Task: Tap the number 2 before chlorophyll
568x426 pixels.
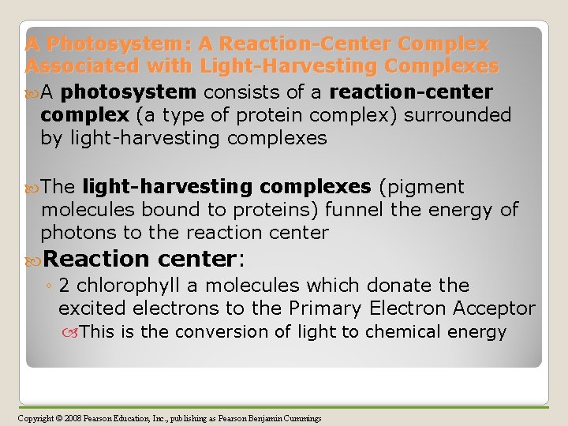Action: (64, 285)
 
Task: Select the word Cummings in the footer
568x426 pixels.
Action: (304, 417)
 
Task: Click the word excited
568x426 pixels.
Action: (93, 308)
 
